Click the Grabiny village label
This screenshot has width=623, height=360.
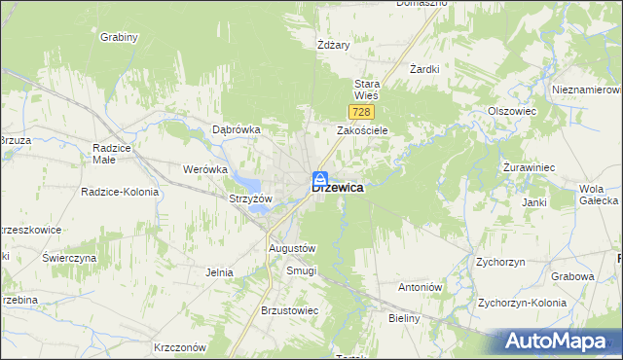(119, 37)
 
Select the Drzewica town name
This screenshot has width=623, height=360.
(339, 190)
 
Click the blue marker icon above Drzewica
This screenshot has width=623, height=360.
(319, 177)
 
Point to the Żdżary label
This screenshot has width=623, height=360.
(333, 45)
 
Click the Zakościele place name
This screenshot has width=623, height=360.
(362, 129)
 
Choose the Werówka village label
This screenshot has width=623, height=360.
(204, 168)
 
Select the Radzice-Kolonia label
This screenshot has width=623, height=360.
(120, 192)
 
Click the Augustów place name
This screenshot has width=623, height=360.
(292, 248)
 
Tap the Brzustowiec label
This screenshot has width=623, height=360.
(289, 310)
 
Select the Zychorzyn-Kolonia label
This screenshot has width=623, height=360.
(522, 303)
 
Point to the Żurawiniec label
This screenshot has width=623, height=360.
(529, 167)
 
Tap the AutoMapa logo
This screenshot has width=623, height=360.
(561, 341)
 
